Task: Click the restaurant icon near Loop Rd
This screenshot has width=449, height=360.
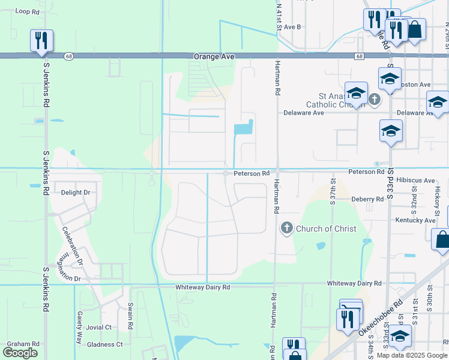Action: point(41,41)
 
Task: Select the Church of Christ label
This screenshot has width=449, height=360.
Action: point(326,229)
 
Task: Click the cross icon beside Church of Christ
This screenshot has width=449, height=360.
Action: point(286,228)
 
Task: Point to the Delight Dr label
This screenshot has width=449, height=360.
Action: point(76,193)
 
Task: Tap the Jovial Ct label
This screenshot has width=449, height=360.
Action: point(99,328)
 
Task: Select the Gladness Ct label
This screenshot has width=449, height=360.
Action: point(105,344)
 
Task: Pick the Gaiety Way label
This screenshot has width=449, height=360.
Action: point(79,327)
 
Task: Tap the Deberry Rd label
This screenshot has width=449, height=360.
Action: point(367,199)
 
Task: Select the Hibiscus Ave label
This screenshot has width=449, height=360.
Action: point(418,180)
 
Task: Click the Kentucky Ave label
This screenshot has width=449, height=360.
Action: point(415,221)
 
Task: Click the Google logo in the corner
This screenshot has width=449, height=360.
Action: point(20,353)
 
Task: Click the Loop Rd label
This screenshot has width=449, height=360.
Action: point(26,11)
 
